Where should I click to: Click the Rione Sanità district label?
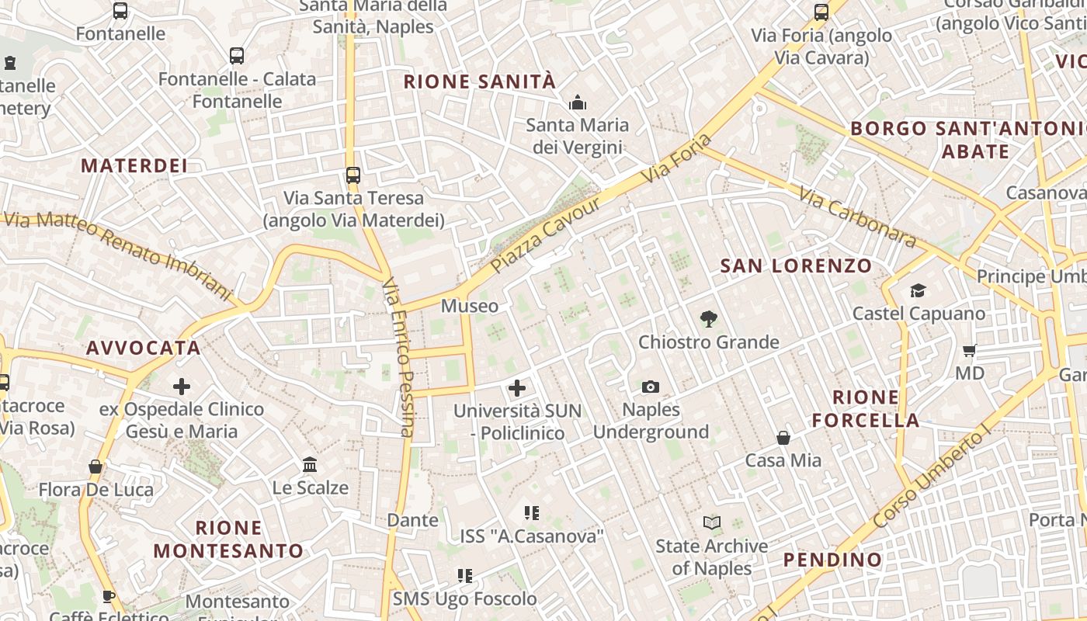[480, 82]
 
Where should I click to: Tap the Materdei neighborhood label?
[134, 165]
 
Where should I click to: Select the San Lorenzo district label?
[796, 266]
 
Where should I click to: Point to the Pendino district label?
[832, 560]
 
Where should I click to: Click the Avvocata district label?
[144, 348]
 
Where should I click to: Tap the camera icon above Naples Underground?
[651, 387]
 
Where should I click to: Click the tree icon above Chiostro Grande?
[708, 318]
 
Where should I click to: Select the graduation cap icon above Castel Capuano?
[919, 291]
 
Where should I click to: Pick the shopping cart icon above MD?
[969, 350]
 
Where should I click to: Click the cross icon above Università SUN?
[517, 387]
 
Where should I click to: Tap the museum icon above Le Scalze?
[310, 464]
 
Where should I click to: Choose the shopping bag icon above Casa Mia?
[783, 438]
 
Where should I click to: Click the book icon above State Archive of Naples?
[712, 523]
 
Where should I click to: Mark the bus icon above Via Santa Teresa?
[353, 175]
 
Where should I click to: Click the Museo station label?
[470, 306]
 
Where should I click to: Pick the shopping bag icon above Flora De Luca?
[96, 467]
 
